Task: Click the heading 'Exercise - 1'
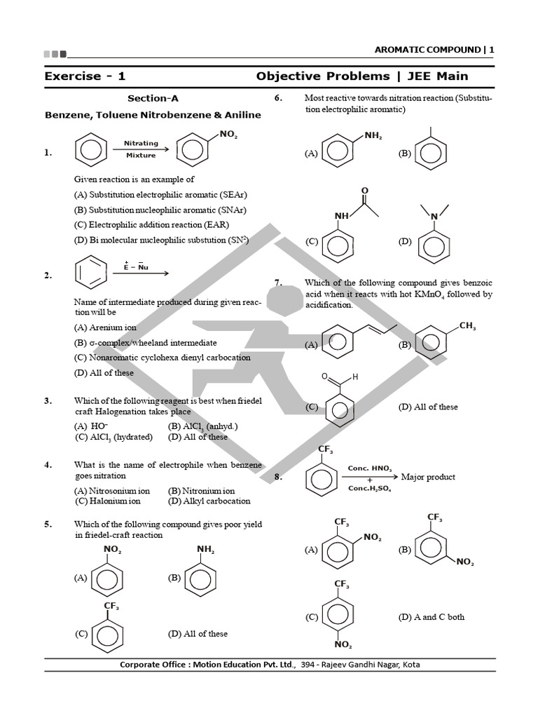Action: [x=85, y=76]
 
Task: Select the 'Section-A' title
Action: [x=158, y=99]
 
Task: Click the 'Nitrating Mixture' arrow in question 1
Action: [x=140, y=149]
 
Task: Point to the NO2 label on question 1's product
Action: [x=228, y=135]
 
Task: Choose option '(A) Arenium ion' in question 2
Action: [x=105, y=327]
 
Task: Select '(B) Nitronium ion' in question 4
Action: [x=201, y=491]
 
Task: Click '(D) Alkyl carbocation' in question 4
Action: [x=209, y=501]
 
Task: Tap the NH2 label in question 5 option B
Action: [x=205, y=549]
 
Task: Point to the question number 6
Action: [x=277, y=98]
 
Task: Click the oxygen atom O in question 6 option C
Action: [x=364, y=191]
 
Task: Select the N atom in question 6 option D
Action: [x=434, y=217]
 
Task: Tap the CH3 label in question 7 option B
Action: [x=467, y=325]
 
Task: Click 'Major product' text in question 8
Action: [x=428, y=477]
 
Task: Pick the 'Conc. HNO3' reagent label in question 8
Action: [x=370, y=468]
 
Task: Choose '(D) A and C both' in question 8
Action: [x=431, y=617]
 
